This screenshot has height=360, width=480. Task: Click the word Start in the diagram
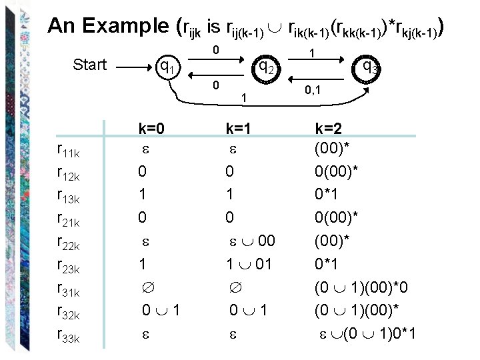pyautogui.click(x=90, y=65)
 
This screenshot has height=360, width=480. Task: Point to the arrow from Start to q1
pyautogui.click(x=133, y=66)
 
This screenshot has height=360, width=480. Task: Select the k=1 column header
pyautogui.click(x=244, y=128)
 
